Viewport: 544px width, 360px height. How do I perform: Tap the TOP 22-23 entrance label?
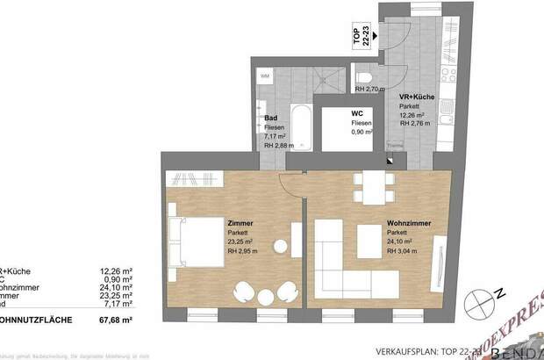358,38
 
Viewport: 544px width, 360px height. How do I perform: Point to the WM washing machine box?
264,76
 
